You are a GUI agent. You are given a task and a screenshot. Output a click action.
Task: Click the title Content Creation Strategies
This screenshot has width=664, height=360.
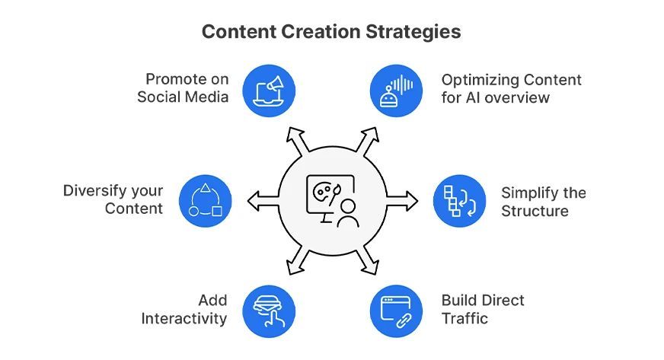331,32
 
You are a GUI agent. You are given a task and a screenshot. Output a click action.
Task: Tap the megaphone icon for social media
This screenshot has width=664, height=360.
268,89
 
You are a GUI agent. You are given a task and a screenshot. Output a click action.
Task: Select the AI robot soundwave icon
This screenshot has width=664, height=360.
395,89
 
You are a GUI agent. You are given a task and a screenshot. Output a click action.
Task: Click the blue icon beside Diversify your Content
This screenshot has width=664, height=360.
205,201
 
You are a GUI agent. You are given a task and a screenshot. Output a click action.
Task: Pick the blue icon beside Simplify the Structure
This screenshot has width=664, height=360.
458,201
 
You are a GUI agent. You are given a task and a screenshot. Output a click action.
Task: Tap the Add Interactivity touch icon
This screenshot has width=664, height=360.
268,312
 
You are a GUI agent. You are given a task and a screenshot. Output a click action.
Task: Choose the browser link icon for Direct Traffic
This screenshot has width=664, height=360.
395,312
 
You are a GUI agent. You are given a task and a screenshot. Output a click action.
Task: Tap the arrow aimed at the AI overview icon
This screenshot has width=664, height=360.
367,140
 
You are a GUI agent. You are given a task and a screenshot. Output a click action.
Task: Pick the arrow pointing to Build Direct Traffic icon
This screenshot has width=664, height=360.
367,262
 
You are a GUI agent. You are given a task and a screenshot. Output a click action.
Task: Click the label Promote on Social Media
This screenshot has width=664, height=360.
183,88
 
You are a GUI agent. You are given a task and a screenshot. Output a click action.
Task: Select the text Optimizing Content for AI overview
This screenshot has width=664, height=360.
511,88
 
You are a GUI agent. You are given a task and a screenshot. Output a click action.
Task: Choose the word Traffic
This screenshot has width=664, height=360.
464,318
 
